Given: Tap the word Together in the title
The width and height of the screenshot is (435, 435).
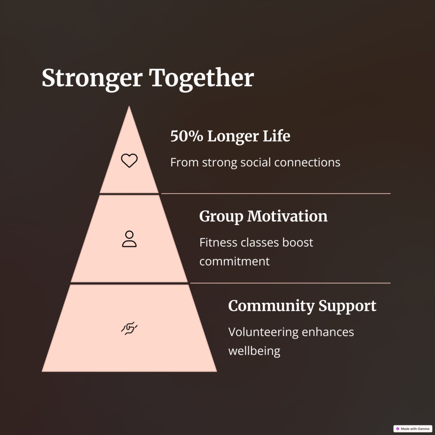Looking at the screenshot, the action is [x=201, y=79].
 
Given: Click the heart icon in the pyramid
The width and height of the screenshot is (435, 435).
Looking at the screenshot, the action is [x=129, y=160].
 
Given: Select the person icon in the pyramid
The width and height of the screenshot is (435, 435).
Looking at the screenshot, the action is [x=129, y=239].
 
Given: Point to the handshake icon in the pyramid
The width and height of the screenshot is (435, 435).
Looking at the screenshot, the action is [x=129, y=328].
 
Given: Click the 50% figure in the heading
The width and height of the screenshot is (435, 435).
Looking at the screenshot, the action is [x=187, y=136].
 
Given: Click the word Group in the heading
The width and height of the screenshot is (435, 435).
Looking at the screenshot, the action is [x=221, y=217].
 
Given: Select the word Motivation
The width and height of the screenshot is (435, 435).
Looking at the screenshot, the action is [x=288, y=216].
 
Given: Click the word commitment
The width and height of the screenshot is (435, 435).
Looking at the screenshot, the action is [x=234, y=261].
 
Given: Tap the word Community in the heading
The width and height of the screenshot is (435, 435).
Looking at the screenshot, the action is [x=271, y=306].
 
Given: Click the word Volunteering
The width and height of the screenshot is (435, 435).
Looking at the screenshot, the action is [x=263, y=332].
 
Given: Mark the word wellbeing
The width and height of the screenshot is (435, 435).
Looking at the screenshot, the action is [x=254, y=351].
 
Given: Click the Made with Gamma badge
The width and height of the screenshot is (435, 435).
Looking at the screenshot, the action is [x=412, y=429].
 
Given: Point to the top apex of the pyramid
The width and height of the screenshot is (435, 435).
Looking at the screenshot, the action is [x=129, y=106].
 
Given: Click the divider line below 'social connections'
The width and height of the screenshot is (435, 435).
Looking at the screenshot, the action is [x=276, y=194].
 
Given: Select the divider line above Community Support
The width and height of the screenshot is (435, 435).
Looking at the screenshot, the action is [x=291, y=283].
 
